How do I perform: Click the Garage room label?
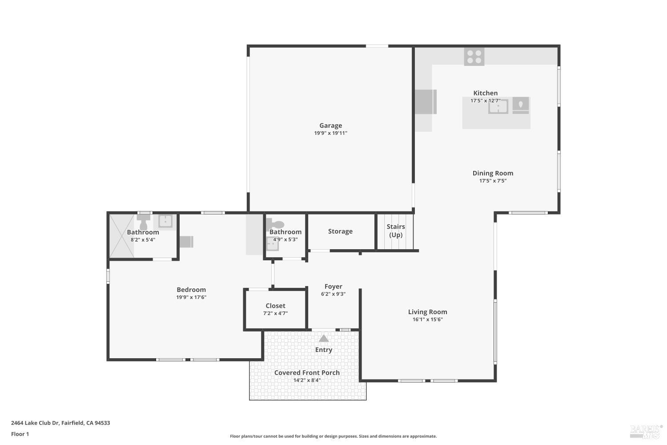click(x=330, y=125)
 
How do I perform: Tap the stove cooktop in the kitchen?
click(x=474, y=57)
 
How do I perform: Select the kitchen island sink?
click(x=498, y=106)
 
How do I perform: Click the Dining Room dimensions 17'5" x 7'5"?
click(x=493, y=181)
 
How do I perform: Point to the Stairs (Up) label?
click(x=395, y=231)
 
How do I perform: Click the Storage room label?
click(x=340, y=231)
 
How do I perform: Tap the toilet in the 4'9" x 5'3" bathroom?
click(x=277, y=225)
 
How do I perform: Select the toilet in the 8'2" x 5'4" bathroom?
click(x=143, y=222)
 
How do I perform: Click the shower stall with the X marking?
click(x=121, y=236)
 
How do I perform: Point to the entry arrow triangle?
click(x=324, y=339)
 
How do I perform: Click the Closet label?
click(x=275, y=306)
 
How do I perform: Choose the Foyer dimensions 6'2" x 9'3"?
click(x=333, y=294)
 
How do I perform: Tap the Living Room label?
click(x=427, y=312)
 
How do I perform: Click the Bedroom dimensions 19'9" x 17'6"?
click(x=191, y=297)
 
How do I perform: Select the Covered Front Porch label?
click(x=307, y=372)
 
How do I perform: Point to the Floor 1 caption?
click(x=20, y=434)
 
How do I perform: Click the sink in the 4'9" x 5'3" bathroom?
click(x=272, y=244)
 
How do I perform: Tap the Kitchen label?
click(x=485, y=93)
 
